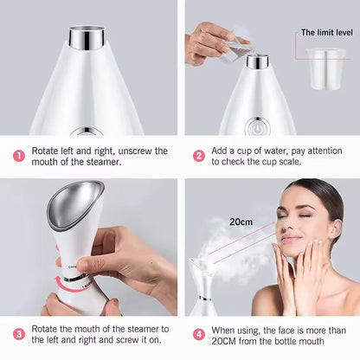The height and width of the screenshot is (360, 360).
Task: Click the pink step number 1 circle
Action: tap(17, 156)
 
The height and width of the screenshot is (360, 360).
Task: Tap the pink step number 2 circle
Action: tap(198, 156)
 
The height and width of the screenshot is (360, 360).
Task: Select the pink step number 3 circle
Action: tap(17, 333)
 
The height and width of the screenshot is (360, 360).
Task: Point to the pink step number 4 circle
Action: tap(198, 333)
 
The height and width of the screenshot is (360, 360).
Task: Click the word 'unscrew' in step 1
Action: tap(132, 151)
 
